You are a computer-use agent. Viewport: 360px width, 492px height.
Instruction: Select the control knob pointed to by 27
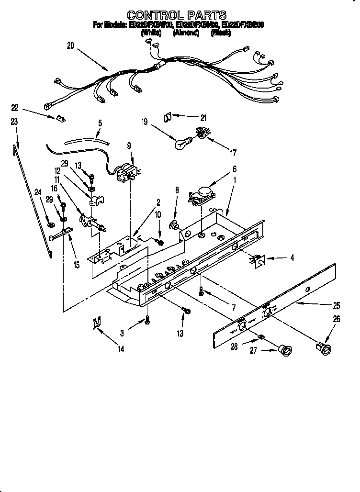(x=285, y=351)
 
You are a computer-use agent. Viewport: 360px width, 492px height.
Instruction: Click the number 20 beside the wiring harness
(x=71, y=46)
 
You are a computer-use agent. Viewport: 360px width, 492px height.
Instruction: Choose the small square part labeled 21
(x=169, y=116)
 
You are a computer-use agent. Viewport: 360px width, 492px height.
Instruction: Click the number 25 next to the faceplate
(x=337, y=304)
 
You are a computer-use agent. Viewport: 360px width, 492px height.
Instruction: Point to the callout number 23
(x=14, y=122)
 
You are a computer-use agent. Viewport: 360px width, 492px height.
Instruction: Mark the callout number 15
(x=76, y=264)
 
